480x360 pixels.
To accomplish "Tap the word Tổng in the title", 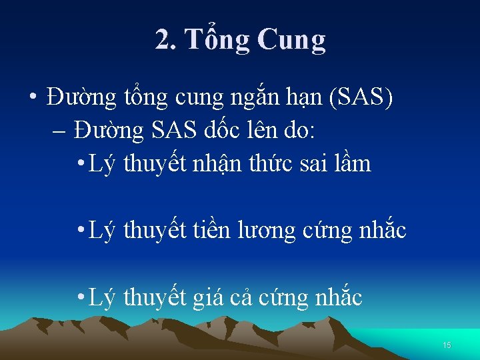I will tap(217, 40).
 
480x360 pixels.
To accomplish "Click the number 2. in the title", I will tap(167, 40).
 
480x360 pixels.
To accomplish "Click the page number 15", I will tap(447, 345).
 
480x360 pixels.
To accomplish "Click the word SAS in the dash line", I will tap(173, 131).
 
